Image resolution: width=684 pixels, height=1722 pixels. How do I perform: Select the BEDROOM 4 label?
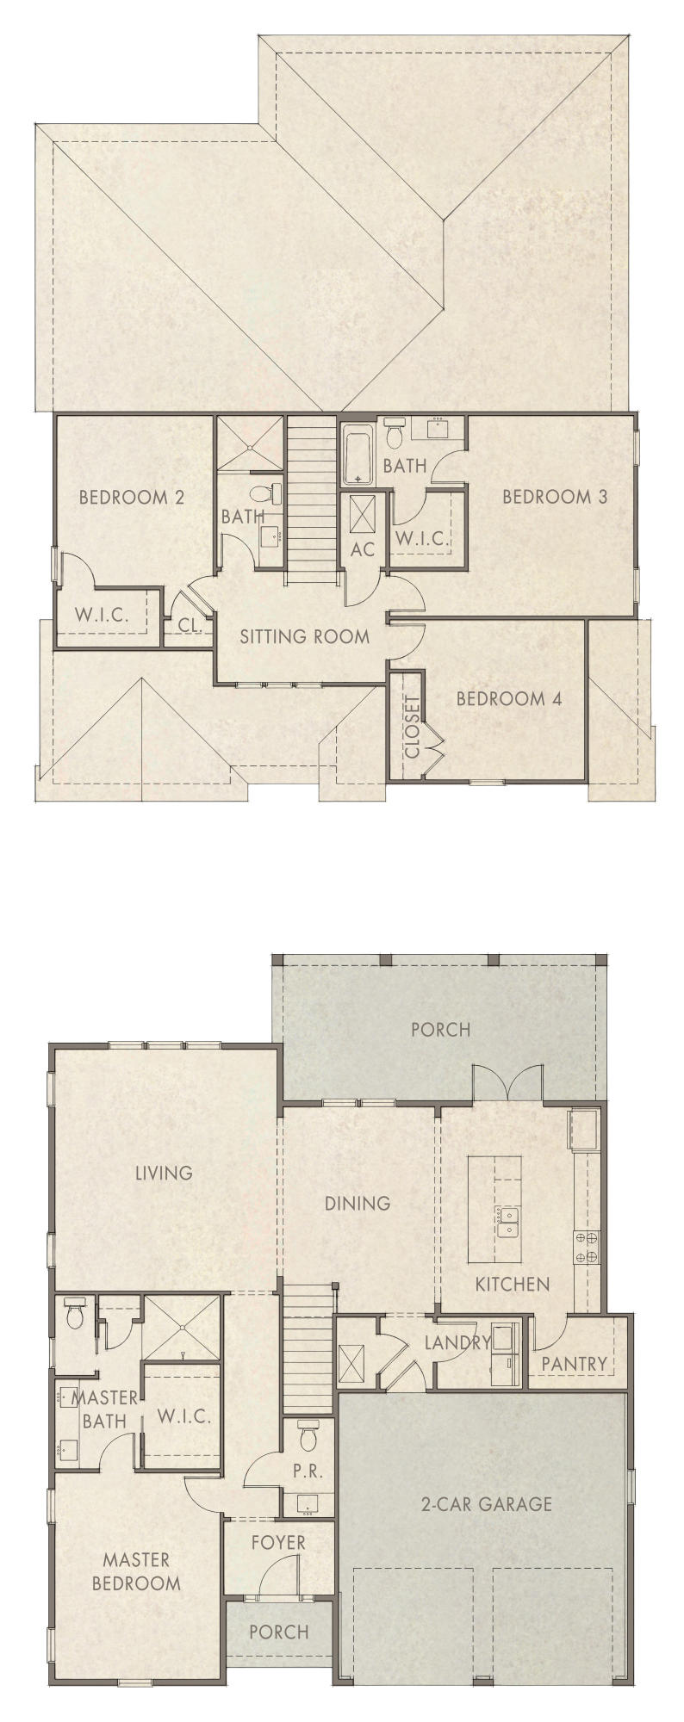(508, 698)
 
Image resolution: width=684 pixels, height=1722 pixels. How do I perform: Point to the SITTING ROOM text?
(304, 636)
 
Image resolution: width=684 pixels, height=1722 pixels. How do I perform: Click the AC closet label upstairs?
(363, 548)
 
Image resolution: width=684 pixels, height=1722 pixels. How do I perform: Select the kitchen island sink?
(506, 1221)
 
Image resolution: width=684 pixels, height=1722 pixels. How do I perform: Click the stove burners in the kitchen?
(587, 1248)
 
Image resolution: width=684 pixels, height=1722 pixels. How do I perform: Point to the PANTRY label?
(574, 1363)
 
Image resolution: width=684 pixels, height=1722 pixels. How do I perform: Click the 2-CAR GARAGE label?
(486, 1504)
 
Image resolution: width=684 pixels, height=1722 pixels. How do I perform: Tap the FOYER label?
(278, 1541)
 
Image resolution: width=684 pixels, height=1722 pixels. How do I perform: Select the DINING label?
(358, 1203)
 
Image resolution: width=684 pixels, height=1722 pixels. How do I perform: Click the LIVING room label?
(164, 1173)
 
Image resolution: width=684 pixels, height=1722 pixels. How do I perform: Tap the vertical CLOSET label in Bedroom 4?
(412, 726)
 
